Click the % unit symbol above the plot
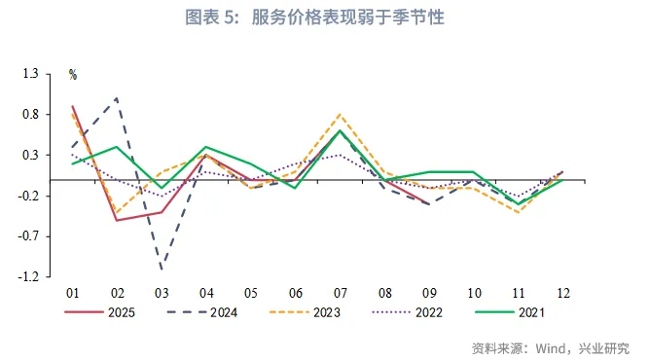pos(73,74)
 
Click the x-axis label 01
pos(72,293)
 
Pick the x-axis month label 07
pos(340,293)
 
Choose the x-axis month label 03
pos(162,293)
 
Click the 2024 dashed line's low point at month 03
pos(162,269)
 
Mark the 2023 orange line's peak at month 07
pos(340,115)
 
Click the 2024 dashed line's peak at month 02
pos(117,98)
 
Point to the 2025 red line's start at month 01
pos(73,106)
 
